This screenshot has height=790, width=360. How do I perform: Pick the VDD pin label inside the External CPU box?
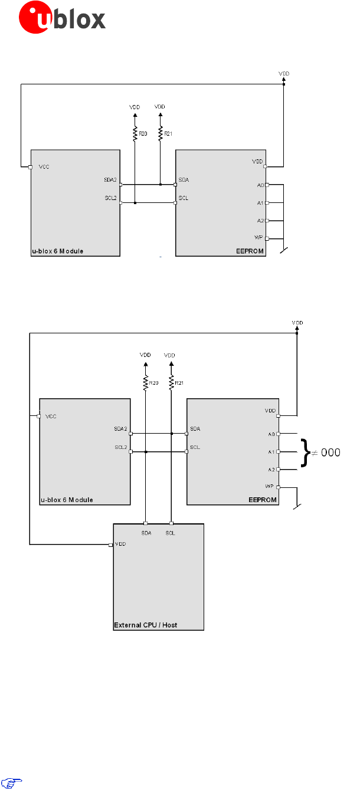click(x=120, y=544)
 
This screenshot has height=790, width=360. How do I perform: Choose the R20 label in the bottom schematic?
click(x=153, y=383)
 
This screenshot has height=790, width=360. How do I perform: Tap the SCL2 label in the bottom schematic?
click(x=120, y=447)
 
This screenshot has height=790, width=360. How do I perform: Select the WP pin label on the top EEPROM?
click(x=258, y=237)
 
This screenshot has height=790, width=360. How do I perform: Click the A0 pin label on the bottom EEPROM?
click(x=271, y=434)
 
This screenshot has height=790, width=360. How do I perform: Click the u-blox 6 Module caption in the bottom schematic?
click(x=67, y=500)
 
